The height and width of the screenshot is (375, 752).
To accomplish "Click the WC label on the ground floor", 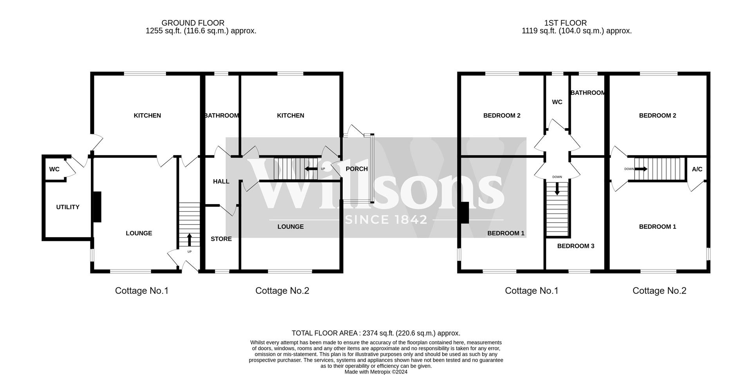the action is [54, 169].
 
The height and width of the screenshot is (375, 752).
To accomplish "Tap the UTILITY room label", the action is [68, 207].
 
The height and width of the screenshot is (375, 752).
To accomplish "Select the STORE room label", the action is [221, 239].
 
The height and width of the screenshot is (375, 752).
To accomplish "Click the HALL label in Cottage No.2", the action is [221, 181].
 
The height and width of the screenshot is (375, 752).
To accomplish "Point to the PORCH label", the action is [357, 169].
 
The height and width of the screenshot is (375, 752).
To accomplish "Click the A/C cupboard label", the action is [697, 169].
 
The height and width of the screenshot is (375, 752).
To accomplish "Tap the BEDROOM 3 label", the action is [576, 246].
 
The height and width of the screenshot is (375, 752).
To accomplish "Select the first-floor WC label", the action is [557, 102].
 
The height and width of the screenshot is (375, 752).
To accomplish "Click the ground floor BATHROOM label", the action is [221, 116].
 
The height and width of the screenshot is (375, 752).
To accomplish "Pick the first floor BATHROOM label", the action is [588, 93].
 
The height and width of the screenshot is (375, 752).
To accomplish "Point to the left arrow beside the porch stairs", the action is [311, 169].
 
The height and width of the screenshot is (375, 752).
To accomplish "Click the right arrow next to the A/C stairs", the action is [641, 169].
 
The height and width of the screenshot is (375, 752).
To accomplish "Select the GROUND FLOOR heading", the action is [193, 23].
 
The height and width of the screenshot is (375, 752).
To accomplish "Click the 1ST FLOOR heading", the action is [566, 23].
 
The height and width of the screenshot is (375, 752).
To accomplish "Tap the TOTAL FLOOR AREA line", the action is [376, 333].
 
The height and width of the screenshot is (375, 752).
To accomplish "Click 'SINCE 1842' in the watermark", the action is [386, 219].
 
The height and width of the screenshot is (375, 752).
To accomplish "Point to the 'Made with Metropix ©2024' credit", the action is [376, 372].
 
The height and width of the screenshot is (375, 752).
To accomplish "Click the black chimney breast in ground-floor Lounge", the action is [97, 207].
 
